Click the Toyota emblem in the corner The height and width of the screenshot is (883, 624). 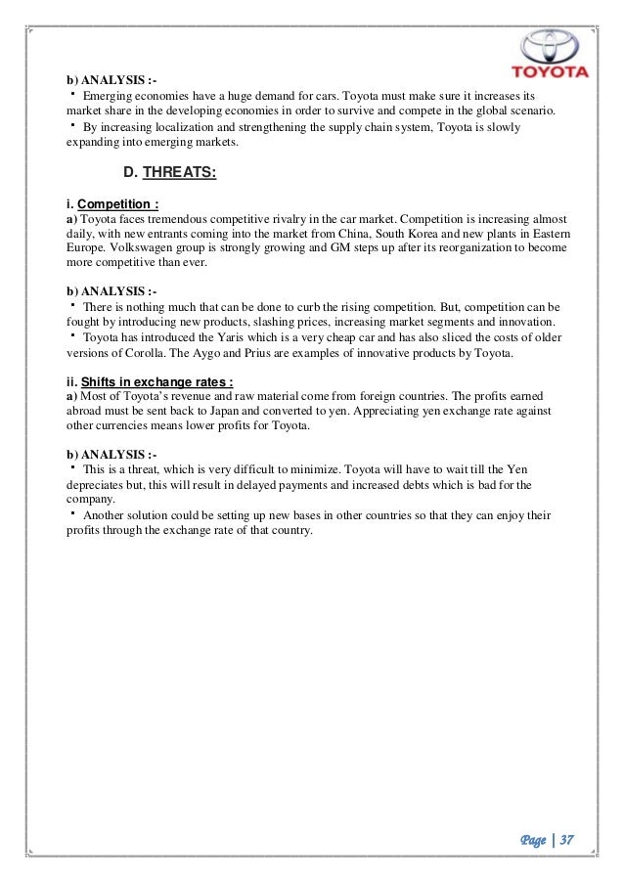pyautogui.click(x=552, y=43)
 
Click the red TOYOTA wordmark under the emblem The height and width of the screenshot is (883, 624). pyautogui.click(x=552, y=72)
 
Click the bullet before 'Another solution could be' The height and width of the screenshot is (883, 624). pyautogui.click(x=73, y=512)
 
